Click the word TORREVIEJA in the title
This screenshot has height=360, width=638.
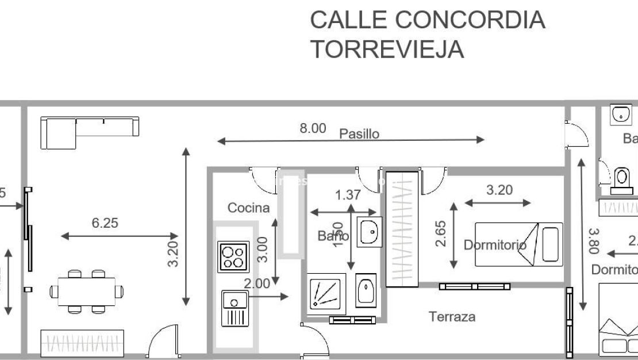click(387, 50)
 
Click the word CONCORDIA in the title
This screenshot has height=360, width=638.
click(470, 20)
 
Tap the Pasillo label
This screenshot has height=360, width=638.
click(359, 134)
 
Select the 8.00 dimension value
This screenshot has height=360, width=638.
click(313, 129)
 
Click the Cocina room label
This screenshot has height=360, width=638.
click(248, 208)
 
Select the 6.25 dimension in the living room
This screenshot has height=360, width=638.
click(105, 223)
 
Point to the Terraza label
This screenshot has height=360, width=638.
click(452, 316)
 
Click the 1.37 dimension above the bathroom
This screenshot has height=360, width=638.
click(348, 195)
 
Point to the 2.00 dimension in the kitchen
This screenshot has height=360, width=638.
click(256, 284)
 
